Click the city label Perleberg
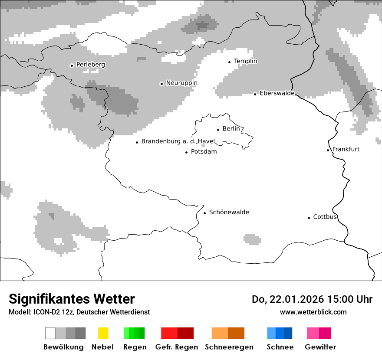coord(90,65)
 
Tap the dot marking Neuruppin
coord(161,84)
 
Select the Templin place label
coord(245,61)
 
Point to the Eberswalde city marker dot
coord(255,94)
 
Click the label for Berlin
coord(231,129)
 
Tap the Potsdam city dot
coord(186,152)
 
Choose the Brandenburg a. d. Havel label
coord(178,141)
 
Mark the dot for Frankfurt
coord(328,150)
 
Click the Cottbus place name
coord(325,217)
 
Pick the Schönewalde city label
coord(229,212)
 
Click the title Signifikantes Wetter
coord(72,299)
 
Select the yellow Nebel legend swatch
coord(103,333)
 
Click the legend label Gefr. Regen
coord(176,347)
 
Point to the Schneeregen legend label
coord(229,347)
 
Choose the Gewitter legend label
coord(320,347)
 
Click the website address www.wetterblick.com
coord(313,312)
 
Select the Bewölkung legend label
coord(63,347)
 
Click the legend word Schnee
coord(280,347)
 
